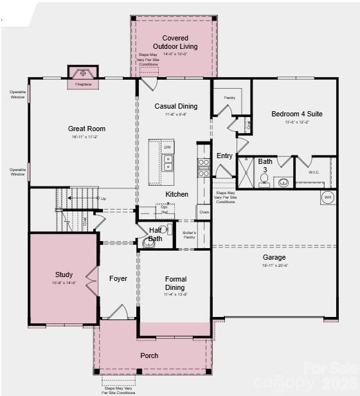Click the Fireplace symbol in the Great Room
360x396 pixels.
pyautogui.click(x=83, y=75)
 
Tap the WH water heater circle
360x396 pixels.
pyautogui.click(x=328, y=197)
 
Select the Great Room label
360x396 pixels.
pyautogui.click(x=87, y=129)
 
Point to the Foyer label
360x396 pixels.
pyautogui.click(x=118, y=279)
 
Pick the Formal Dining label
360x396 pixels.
pyautogui.click(x=175, y=283)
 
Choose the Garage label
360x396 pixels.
pyautogui.click(x=274, y=257)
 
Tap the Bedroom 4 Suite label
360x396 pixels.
pyautogui.click(x=297, y=114)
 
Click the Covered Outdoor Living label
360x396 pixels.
pyautogui.click(x=175, y=42)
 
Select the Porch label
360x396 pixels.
pyautogui.click(x=149, y=355)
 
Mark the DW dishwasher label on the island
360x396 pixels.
pyautogui.click(x=167, y=148)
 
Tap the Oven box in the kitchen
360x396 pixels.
pyautogui.click(x=204, y=212)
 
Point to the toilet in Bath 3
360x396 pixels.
pyautogui.click(x=265, y=179)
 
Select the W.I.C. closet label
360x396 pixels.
pyautogui.click(x=314, y=172)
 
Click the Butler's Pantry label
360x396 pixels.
pyautogui.click(x=189, y=235)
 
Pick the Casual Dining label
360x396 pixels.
pyautogui.click(x=176, y=107)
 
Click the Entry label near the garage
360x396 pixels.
pyautogui.click(x=224, y=156)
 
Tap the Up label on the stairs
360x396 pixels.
pyautogui.click(x=103, y=199)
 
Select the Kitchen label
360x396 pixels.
pyautogui.click(x=177, y=194)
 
